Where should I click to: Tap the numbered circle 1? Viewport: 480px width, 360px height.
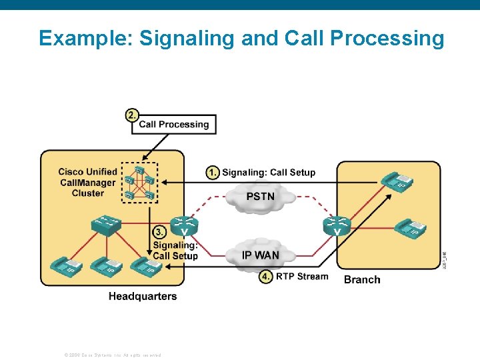tap(212, 173)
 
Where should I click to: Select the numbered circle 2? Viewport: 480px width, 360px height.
tap(133, 115)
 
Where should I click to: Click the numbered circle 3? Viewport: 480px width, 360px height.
tap(160, 233)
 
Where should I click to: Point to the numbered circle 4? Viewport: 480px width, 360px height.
tap(266, 277)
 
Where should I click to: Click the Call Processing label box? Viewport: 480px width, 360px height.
tap(173, 125)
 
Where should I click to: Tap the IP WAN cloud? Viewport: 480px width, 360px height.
tap(260, 255)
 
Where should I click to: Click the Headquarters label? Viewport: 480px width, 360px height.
tap(143, 296)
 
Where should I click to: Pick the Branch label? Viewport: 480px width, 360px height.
tap(362, 279)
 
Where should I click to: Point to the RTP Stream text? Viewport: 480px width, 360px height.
tap(302, 277)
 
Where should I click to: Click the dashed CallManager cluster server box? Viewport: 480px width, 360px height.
tap(139, 182)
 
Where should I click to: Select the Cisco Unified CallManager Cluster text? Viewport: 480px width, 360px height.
tap(87, 183)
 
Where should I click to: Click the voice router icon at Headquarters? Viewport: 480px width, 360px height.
tap(184, 226)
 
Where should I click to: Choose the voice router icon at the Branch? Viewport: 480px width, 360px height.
tap(337, 226)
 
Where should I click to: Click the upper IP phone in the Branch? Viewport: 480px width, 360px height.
tap(396, 182)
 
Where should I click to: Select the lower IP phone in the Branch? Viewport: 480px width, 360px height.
tap(409, 229)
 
